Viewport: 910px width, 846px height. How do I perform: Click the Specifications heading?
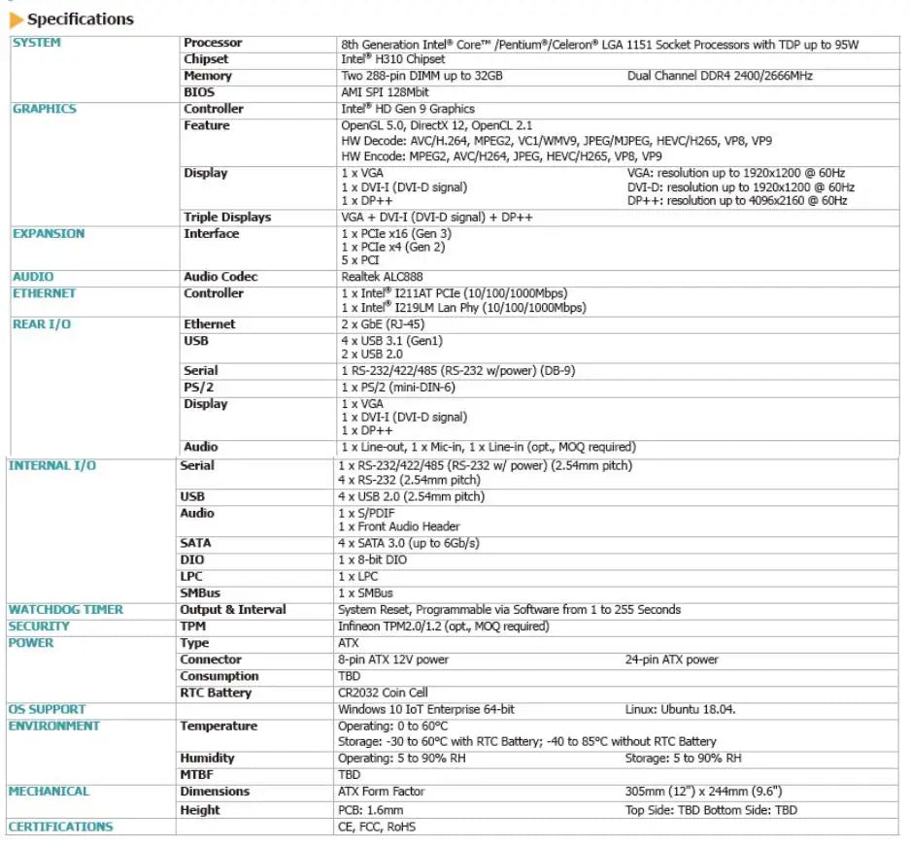(81, 18)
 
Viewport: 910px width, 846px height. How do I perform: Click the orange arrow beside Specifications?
(17, 19)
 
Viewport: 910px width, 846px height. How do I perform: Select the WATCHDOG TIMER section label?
(66, 610)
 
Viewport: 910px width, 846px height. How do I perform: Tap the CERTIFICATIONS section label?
(60, 827)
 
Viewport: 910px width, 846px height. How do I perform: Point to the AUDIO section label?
(33, 277)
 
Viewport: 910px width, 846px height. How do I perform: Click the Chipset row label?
(206, 59)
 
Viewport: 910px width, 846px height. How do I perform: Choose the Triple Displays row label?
(227, 218)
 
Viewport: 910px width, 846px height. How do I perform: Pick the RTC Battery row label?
(216, 693)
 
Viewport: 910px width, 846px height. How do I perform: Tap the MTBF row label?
(196, 774)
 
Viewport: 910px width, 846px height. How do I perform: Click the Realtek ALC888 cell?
(383, 277)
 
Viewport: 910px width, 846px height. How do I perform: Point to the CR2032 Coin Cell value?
(383, 693)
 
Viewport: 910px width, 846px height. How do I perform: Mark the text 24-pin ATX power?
(672, 660)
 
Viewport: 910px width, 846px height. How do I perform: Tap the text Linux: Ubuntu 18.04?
(680, 709)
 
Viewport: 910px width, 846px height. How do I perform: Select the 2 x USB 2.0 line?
(373, 355)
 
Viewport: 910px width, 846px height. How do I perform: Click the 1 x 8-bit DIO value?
(373, 560)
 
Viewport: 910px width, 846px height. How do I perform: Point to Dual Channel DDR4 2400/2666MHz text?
(720, 76)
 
